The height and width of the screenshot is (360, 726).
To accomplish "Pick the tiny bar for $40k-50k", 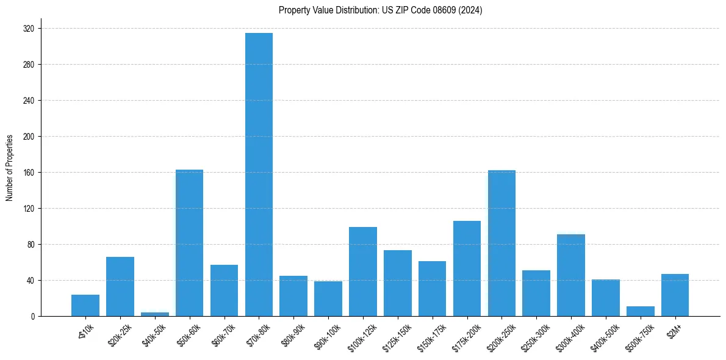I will point(154,314).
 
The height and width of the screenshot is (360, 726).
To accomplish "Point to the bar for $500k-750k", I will point(640,311).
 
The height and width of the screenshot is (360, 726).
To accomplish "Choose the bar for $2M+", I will point(675,295).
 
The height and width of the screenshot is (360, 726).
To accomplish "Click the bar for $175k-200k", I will point(467,268).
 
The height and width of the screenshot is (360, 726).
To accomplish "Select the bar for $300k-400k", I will point(571,275).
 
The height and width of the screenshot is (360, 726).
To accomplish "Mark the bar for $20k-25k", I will point(120,287).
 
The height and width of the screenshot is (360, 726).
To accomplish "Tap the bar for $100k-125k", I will point(363,272).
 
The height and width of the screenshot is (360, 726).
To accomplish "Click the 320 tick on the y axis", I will point(29,29).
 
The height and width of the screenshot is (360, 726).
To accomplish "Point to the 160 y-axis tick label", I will point(29,173).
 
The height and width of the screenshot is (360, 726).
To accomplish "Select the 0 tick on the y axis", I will point(34,317).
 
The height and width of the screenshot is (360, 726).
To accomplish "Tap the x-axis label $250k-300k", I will point(536,334).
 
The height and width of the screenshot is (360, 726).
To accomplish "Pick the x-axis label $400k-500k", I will point(605,334).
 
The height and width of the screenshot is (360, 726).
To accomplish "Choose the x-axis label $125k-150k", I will point(397,334).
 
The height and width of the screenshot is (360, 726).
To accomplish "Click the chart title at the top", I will point(380,10).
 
